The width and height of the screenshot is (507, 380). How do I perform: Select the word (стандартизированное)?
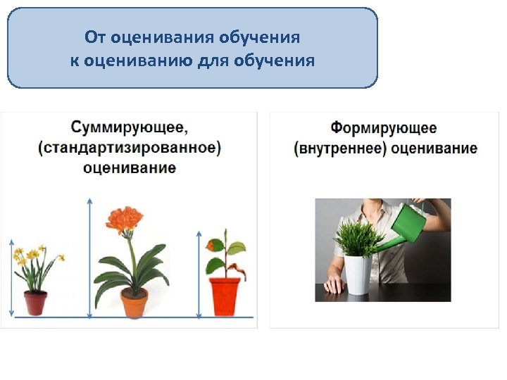[x=130, y=148]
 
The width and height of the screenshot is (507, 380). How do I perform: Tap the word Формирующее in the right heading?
[x=384, y=129]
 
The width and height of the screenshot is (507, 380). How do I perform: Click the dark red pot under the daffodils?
[x=35, y=302]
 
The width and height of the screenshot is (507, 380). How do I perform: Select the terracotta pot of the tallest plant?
[x=134, y=303]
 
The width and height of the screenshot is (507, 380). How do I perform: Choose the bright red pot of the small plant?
[x=225, y=296]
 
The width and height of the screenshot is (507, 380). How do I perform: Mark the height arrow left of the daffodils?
[x=11, y=278]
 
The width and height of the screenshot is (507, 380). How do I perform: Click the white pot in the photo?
[x=357, y=274]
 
